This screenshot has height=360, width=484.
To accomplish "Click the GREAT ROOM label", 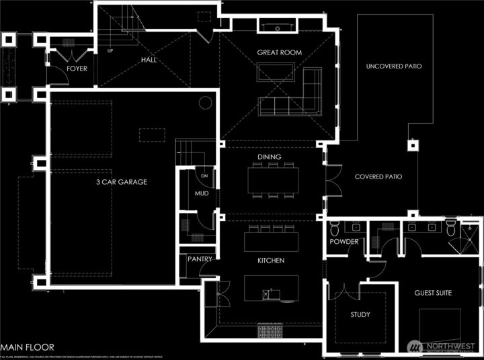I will (x=279, y=52).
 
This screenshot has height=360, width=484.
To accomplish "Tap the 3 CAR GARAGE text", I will (x=121, y=181).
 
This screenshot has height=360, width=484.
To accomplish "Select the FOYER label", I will (x=77, y=69).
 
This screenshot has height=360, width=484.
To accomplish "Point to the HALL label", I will (x=149, y=60).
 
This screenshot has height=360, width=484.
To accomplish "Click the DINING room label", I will (x=269, y=157).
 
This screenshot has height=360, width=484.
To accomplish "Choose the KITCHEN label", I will (x=270, y=261).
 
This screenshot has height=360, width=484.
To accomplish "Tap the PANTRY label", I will (x=200, y=259).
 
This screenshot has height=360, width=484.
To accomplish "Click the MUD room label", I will (x=202, y=193).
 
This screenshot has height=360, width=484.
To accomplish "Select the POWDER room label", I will (x=344, y=242).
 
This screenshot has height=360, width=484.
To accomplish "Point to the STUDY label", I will (x=360, y=315).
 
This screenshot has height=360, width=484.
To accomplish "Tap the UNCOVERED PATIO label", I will (x=394, y=66).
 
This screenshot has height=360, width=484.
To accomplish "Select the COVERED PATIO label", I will (x=378, y=177).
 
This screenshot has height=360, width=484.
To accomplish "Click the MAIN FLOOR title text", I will (x=26, y=347).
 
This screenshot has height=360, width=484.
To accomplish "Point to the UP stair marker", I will (x=110, y=50).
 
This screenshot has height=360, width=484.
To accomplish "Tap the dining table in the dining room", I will (x=273, y=179).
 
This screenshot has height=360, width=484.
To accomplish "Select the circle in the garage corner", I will (x=205, y=103).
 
